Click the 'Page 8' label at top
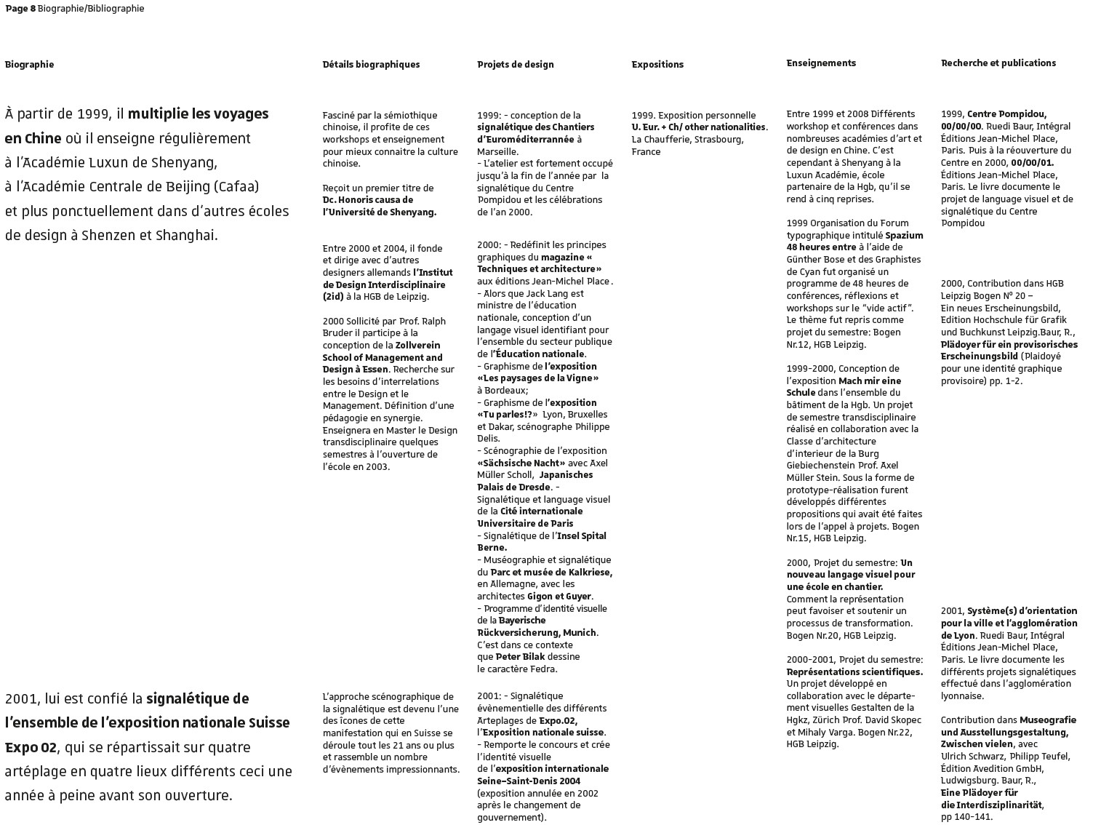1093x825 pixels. pyautogui.click(x=20, y=9)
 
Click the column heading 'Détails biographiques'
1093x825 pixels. pyautogui.click(x=371, y=65)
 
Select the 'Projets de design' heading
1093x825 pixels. pyautogui.click(x=515, y=65)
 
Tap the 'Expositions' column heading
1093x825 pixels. pyautogui.click(x=657, y=65)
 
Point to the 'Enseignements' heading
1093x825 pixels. pyautogui.click(x=821, y=63)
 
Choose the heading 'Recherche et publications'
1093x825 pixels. pyautogui.click(x=998, y=63)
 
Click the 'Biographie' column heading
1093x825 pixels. pyautogui.click(x=29, y=65)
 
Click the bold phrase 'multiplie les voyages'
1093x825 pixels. pyautogui.click(x=199, y=114)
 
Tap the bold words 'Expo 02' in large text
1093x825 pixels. pyautogui.click(x=30, y=747)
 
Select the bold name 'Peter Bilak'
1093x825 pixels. pyautogui.click(x=520, y=657)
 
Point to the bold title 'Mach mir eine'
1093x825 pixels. pyautogui.click(x=869, y=380)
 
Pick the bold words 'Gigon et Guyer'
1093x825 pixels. pyautogui.click(x=559, y=597)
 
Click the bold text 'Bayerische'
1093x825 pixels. pyautogui.click(x=521, y=621)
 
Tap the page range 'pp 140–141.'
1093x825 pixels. pyautogui.click(x=966, y=817)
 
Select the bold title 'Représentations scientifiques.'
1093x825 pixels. pyautogui.click(x=854, y=672)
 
